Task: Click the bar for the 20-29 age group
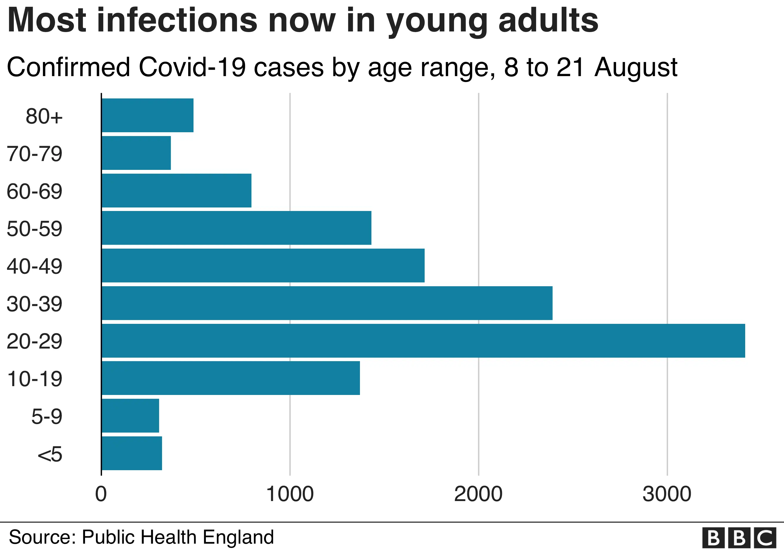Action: [x=423, y=341]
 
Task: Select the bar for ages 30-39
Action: [x=327, y=303]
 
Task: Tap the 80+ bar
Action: [x=148, y=115]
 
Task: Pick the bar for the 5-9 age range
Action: [x=131, y=416]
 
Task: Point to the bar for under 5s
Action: [x=132, y=453]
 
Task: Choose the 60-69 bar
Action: [x=176, y=190]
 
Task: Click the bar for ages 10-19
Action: [x=231, y=378]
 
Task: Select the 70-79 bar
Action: [x=136, y=153]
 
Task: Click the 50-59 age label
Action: [x=34, y=229]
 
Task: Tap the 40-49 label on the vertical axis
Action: [x=34, y=266]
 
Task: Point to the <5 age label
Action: [x=50, y=454]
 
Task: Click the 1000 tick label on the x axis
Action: [x=290, y=494]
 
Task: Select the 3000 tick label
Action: [x=667, y=494]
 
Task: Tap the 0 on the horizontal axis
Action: [x=101, y=494]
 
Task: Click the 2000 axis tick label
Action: [x=478, y=494]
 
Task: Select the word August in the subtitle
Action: [x=636, y=67]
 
